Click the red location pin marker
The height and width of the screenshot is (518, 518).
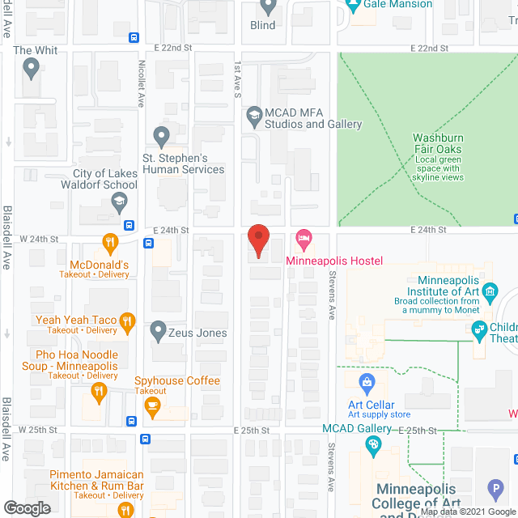click(x=257, y=240)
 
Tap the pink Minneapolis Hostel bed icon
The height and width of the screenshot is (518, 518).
click(x=304, y=237)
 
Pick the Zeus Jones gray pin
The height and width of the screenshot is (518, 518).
click(x=158, y=332)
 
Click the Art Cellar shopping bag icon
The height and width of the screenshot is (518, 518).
click(x=367, y=380)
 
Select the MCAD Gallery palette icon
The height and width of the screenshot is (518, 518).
click(x=373, y=444)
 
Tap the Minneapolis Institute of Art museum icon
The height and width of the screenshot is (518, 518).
click(x=489, y=291)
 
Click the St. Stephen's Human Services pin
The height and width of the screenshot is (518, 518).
click(x=161, y=134)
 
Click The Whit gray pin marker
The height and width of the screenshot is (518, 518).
click(x=32, y=70)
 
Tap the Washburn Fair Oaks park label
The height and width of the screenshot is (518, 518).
click(x=438, y=143)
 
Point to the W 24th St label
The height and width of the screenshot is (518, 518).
click(x=40, y=239)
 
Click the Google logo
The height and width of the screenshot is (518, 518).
click(x=26, y=507)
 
